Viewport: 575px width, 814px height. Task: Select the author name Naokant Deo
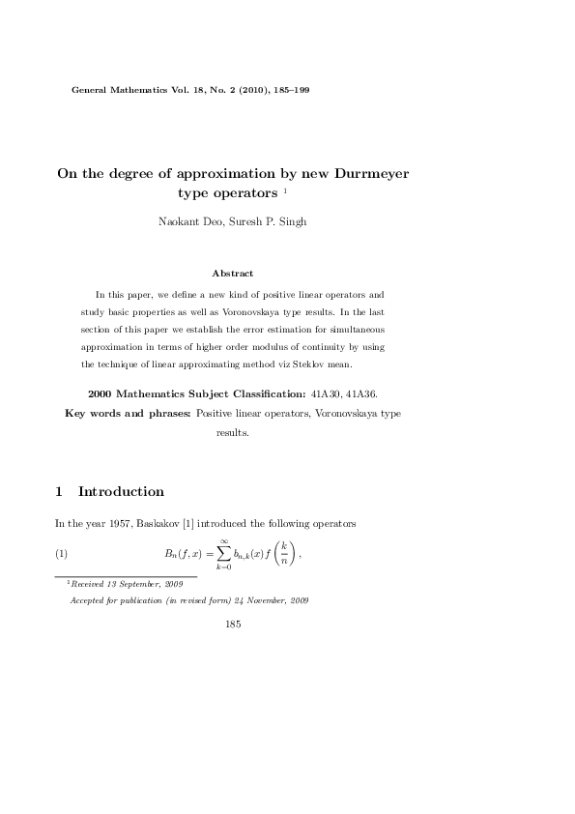[188, 222]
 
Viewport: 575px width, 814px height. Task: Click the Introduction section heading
[121, 491]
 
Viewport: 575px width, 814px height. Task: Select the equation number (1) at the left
[60, 554]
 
